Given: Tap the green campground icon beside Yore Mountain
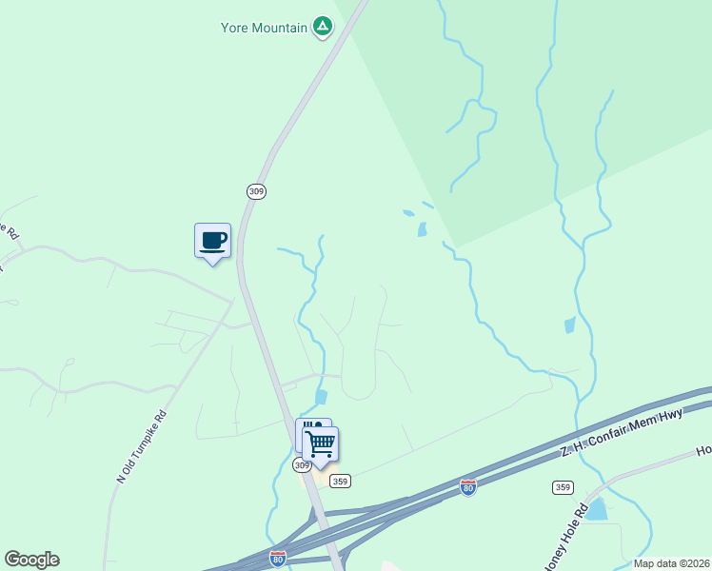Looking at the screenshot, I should click(x=323, y=27).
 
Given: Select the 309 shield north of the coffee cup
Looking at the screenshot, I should click(x=255, y=191).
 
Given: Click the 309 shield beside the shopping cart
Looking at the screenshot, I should click(x=302, y=465).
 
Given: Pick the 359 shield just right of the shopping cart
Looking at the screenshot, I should click(x=340, y=482).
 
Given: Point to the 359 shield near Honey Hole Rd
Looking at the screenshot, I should click(x=563, y=487).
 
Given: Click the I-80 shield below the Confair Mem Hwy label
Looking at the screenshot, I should click(x=467, y=487).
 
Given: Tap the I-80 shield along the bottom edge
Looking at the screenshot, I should click(x=278, y=559).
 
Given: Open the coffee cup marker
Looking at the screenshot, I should click(x=212, y=241).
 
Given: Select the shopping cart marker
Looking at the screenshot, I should click(x=321, y=443).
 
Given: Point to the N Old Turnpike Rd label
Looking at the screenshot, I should click(x=142, y=446).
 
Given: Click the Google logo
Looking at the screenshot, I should click(x=31, y=560).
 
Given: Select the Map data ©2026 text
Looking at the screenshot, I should click(x=671, y=563).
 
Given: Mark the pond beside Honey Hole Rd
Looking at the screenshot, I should click(x=597, y=510).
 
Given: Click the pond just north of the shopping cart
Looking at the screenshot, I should click(x=321, y=397).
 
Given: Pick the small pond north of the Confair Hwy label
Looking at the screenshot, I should click(x=570, y=325).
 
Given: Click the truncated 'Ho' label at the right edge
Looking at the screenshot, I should click(x=703, y=450).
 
